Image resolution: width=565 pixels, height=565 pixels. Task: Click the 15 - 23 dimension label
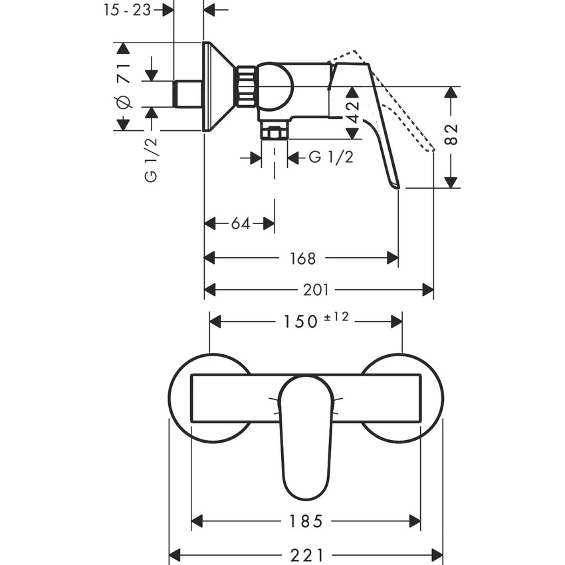[x=128, y=10]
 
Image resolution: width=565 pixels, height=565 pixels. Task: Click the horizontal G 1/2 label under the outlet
[x=331, y=158]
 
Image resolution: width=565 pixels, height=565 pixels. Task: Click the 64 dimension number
[x=240, y=224]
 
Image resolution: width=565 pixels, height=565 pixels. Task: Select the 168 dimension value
[x=303, y=258]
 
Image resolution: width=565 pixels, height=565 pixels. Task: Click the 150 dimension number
[x=298, y=322]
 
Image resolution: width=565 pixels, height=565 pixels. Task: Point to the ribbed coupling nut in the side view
[x=247, y=86]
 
